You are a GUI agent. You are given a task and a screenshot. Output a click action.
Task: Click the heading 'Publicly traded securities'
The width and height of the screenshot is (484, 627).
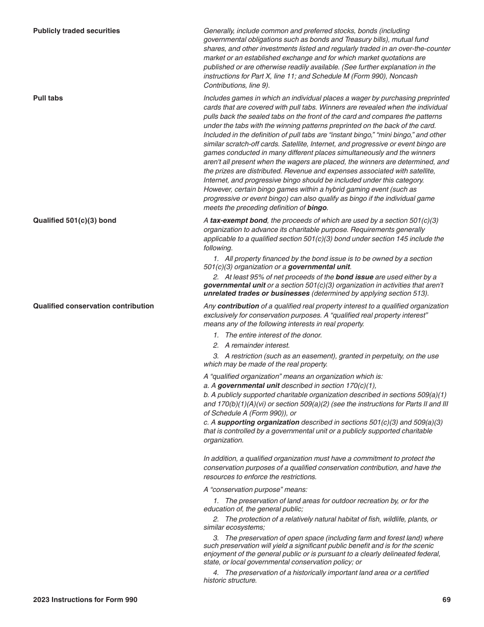pyautogui.click(x=76, y=31)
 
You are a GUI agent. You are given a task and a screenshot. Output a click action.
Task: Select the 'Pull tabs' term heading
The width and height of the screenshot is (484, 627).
pyautogui.click(x=48, y=98)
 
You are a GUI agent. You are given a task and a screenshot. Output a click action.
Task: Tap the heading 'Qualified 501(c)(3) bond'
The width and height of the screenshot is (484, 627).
pyautogui.click(x=74, y=221)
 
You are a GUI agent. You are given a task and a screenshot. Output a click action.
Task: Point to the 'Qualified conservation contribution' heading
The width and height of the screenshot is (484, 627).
pyautogui.click(x=93, y=306)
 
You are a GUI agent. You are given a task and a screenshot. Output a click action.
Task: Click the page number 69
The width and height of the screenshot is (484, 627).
pyautogui.click(x=446, y=600)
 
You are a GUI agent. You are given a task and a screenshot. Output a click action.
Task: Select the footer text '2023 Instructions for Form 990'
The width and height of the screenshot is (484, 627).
pyautogui.click(x=85, y=600)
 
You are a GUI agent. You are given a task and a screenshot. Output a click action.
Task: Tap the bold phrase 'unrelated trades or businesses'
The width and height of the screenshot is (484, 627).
pyautogui.click(x=256, y=294)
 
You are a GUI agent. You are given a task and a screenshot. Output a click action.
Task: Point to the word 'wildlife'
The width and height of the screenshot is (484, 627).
pyautogui.click(x=390, y=519)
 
